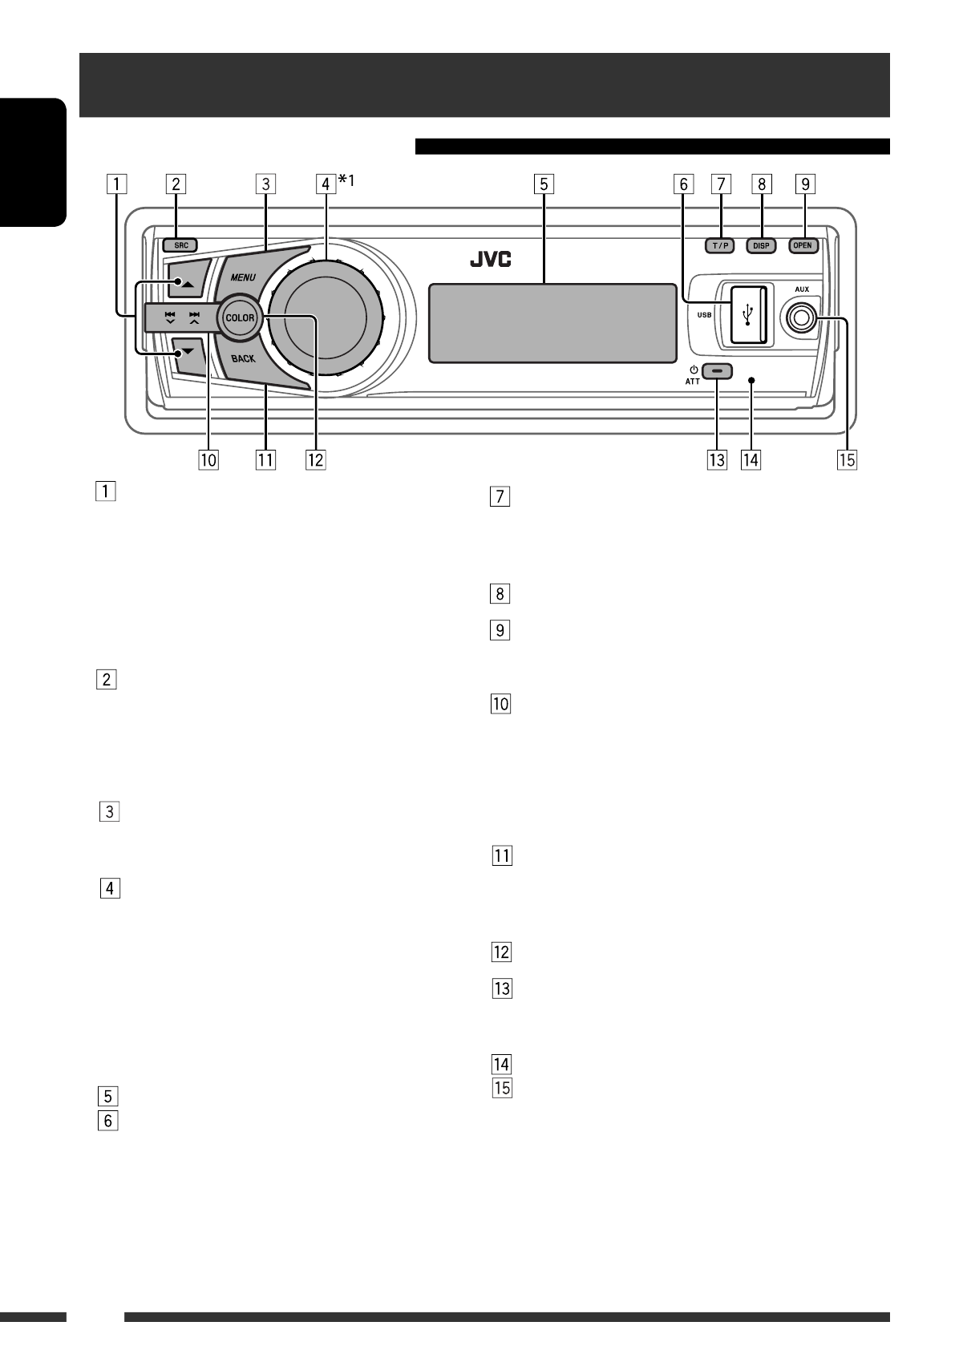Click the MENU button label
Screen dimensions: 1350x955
[x=244, y=277]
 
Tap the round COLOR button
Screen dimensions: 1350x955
[x=239, y=317]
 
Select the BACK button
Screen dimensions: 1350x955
[x=243, y=358]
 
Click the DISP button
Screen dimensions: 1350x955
[x=761, y=246]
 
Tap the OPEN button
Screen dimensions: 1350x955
[x=803, y=245]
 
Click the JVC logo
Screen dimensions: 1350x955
[x=491, y=261]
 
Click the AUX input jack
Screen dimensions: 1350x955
[x=800, y=318]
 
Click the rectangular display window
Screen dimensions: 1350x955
[x=552, y=321]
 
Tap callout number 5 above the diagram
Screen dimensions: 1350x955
[x=543, y=184]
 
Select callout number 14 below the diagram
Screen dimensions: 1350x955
[x=751, y=459]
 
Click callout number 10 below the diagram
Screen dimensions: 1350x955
[x=208, y=459]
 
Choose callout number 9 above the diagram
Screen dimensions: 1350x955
[x=803, y=184]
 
